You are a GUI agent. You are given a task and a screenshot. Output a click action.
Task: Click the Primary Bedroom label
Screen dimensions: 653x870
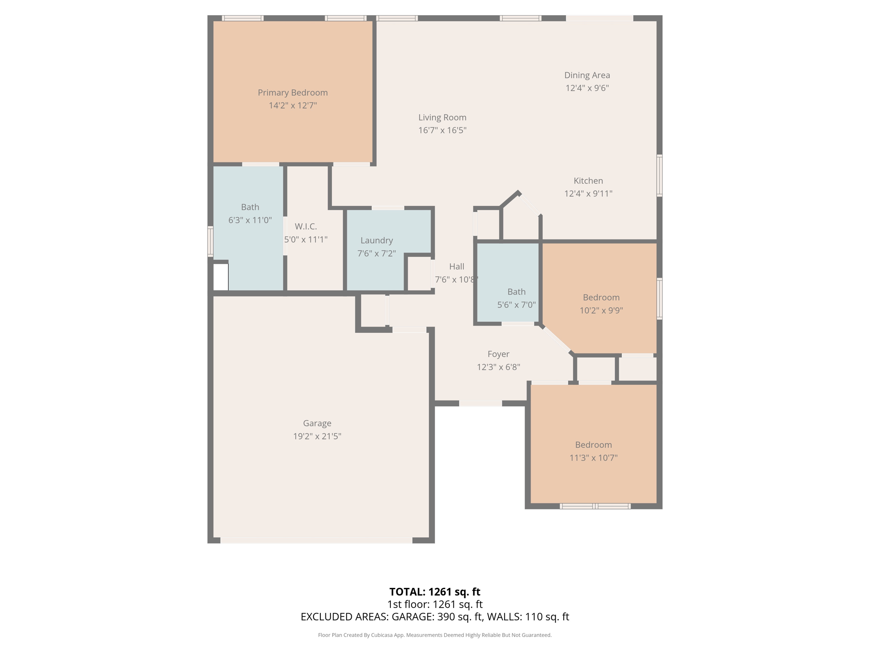pos(293,93)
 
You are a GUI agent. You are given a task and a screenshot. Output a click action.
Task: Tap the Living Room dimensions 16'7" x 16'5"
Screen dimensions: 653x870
pos(442,131)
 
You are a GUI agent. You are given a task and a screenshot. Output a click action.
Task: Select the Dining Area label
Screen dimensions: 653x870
pos(587,75)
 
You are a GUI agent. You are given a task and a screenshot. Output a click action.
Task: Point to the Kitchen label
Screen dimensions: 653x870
pos(588,181)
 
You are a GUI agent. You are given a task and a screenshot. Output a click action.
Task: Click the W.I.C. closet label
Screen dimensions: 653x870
pos(306,227)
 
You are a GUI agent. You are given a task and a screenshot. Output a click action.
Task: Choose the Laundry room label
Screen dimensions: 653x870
pos(377,241)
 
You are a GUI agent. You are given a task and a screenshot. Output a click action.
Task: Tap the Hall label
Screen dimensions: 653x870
pos(457,267)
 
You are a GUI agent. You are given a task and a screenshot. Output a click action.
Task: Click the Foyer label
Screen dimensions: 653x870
pos(498,354)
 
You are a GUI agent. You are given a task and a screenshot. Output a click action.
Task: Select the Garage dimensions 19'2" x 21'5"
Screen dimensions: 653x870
pos(317,436)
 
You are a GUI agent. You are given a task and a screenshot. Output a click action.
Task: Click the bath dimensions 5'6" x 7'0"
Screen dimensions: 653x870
pos(516,305)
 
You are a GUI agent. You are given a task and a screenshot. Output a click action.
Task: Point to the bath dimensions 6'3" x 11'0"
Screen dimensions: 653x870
pos(250,220)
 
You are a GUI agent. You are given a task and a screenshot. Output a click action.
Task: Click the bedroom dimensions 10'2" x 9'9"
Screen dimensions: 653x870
pos(601,310)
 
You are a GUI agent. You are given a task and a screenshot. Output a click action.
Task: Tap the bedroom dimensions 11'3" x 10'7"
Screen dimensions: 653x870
pos(593,458)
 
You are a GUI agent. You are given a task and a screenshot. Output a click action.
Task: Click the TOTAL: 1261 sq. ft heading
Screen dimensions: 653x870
pos(435,592)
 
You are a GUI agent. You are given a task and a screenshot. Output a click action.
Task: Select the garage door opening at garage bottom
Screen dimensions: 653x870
pos(316,540)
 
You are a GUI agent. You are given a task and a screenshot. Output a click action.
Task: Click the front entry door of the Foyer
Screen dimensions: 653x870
pos(480,403)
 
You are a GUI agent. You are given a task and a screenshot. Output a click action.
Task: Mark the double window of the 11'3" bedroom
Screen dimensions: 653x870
pos(595,506)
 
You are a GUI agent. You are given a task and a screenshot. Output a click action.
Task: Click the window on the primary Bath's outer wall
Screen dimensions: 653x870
pos(210,241)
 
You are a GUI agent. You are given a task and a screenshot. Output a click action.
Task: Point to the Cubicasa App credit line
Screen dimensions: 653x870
pos(435,635)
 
